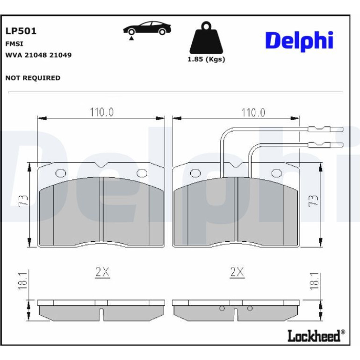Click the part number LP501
point(21,31)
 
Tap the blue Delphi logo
point(299,41)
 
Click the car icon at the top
point(147,29)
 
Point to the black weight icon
point(206,38)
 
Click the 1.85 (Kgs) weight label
point(206,59)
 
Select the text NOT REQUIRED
point(33,78)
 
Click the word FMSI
point(14,43)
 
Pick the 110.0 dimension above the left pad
point(101,112)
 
